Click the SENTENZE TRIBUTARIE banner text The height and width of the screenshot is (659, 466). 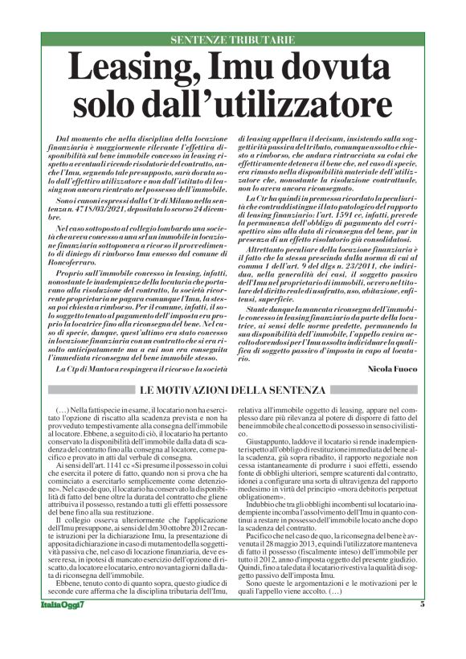(232, 39)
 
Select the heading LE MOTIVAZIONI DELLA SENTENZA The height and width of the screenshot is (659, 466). (232, 390)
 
